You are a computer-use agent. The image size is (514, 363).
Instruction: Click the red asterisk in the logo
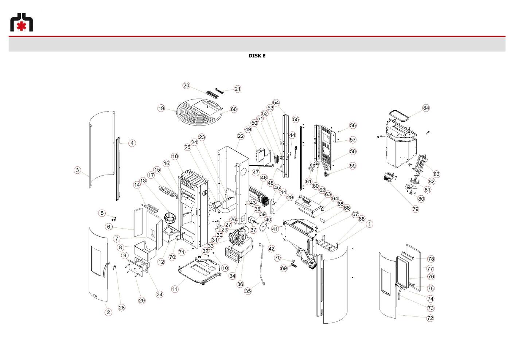pyautogui.click(x=22, y=26)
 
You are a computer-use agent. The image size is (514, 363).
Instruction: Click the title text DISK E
pyautogui.click(x=257, y=56)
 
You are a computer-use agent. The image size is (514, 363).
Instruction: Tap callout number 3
pyautogui.click(x=77, y=170)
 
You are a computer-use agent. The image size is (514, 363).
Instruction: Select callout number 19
pyautogui.click(x=161, y=108)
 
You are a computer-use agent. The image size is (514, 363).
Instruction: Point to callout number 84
pyautogui.click(x=426, y=108)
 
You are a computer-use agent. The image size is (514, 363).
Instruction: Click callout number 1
pyautogui.click(x=369, y=224)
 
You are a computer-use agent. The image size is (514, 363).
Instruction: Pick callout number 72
pyautogui.click(x=430, y=318)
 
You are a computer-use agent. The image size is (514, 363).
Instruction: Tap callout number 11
pyautogui.click(x=175, y=289)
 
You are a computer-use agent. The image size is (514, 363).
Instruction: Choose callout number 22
pyautogui.click(x=241, y=136)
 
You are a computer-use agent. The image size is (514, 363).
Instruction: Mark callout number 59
pyautogui.click(x=353, y=166)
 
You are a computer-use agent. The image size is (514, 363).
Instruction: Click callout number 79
pyautogui.click(x=416, y=209)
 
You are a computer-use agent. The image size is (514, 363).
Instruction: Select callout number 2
pyautogui.click(x=108, y=312)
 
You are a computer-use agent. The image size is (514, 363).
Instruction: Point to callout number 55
pyautogui.click(x=296, y=119)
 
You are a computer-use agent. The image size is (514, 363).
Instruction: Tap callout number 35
pyautogui.click(x=248, y=291)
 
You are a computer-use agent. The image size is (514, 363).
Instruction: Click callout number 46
pyautogui.click(x=264, y=177)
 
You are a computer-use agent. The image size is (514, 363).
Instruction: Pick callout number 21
pyautogui.click(x=237, y=89)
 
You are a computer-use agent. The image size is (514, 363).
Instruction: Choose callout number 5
pyautogui.click(x=102, y=213)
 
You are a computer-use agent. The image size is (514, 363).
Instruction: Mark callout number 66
pyautogui.click(x=346, y=208)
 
